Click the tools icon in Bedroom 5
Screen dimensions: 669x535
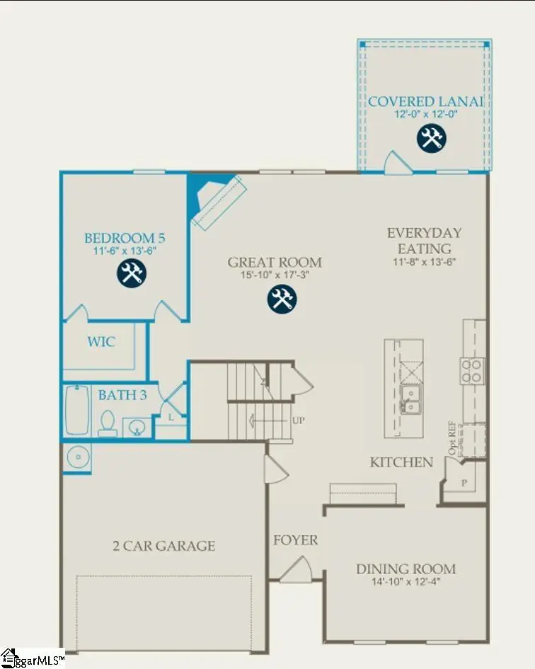[131, 273]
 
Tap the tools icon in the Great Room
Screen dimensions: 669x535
[282, 299]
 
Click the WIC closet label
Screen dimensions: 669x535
[101, 342]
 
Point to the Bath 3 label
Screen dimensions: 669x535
[122, 395]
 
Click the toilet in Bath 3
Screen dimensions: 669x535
[108, 422]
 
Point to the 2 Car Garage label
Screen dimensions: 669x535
[163, 546]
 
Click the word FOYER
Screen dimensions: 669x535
[296, 540]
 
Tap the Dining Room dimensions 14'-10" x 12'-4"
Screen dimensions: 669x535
[405, 582]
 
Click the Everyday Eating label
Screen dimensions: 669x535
[424, 241]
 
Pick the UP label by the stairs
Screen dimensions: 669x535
[299, 420]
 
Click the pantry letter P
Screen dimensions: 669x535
[465, 482]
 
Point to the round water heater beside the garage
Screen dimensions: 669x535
[76, 458]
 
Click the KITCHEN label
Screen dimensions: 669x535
[401, 462]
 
